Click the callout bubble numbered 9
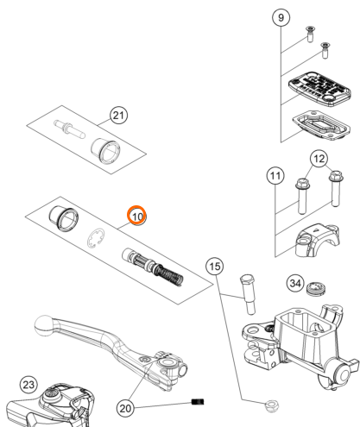pos(281,18)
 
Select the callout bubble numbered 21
pos(119,116)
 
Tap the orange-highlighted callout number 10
pos(137,216)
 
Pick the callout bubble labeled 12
pos(319,159)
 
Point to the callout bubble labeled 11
pos(275,175)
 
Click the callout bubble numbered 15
pos(215,267)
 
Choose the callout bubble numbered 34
pos(295,284)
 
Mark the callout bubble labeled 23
pos(28,385)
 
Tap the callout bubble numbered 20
pos(125,408)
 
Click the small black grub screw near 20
pos(198,401)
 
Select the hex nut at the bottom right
pos(272,406)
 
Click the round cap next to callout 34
pos(316,289)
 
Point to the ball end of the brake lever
pos(44,325)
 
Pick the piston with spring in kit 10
pos(153,267)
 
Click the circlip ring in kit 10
pos(96,238)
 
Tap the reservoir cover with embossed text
pos(319,89)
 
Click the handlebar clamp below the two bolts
pos(319,240)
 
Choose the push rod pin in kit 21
pos(69,129)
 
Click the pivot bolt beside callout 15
pos(248,294)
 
